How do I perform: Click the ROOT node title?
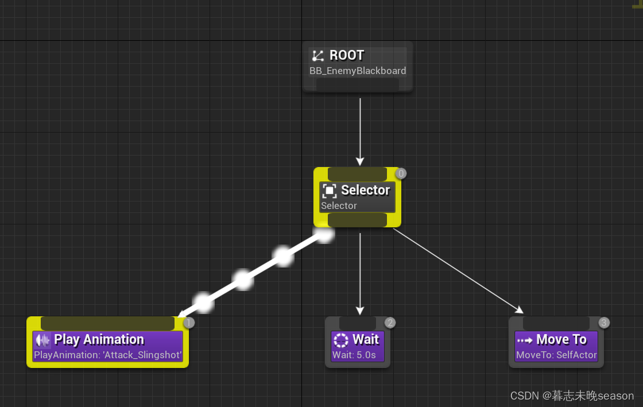point(347,55)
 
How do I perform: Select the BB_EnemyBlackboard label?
point(358,71)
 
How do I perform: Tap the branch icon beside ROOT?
point(317,56)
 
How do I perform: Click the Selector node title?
point(365,190)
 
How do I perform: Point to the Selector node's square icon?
point(329,191)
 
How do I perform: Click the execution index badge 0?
point(401,173)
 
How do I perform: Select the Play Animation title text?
point(99,339)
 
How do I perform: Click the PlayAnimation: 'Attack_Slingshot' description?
point(108,355)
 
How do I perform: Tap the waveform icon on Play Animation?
point(43,340)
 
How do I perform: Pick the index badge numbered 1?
point(189,323)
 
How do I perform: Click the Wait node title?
point(366,339)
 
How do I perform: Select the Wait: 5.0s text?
point(354,355)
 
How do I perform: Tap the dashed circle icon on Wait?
point(340,340)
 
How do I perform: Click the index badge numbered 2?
point(390,323)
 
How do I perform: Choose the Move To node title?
point(561,339)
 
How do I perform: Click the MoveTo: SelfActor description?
point(556,355)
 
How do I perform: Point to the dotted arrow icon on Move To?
point(525,340)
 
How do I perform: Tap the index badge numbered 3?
point(604,323)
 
